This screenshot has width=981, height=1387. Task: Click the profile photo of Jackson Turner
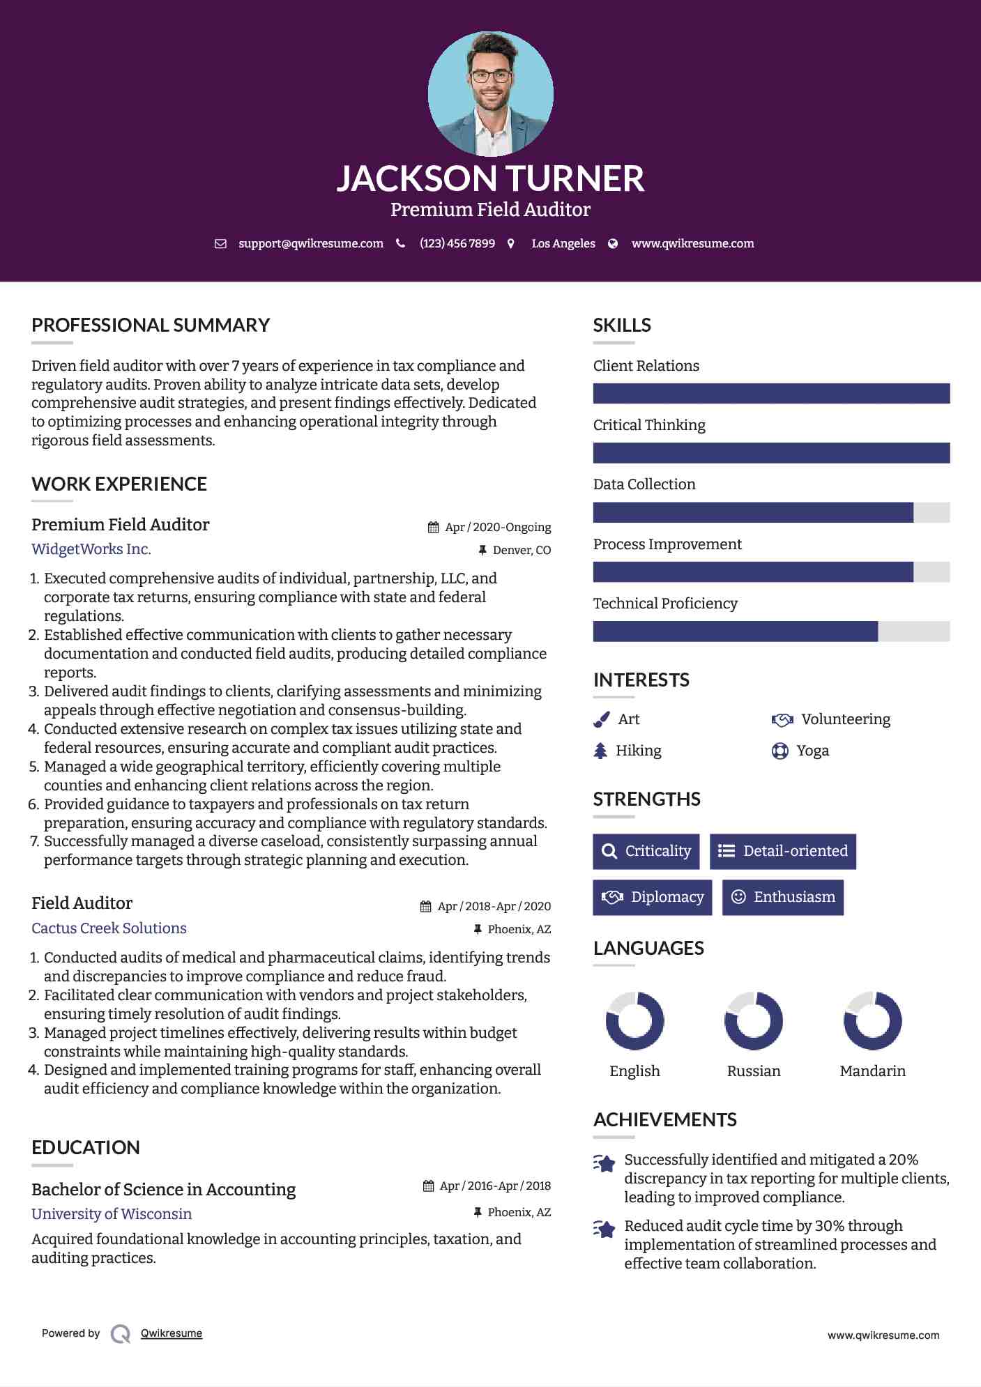point(490,93)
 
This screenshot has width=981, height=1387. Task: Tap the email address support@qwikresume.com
point(310,243)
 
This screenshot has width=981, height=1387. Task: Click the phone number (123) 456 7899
point(457,243)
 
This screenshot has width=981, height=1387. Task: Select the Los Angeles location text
point(563,243)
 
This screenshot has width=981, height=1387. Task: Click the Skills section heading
point(621,325)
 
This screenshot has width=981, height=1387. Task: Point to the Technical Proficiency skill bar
point(770,631)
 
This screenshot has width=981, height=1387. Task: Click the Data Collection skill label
point(644,484)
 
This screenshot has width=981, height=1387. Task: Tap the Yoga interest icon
point(780,751)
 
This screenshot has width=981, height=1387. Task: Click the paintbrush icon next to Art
point(601,719)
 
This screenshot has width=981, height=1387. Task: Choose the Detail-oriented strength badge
point(782,851)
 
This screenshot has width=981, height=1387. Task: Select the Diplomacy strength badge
point(652,897)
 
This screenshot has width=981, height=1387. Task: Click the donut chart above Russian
point(753,1021)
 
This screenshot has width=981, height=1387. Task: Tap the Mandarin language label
point(872,1071)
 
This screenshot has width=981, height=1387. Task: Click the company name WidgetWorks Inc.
point(91,549)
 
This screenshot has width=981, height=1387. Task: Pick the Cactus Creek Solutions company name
point(109,928)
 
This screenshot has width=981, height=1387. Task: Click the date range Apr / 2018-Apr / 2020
point(494,906)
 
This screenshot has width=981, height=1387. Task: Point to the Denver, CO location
point(522,551)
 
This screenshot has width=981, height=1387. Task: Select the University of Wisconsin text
point(112,1214)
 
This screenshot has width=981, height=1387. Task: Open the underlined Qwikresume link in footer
point(172,1333)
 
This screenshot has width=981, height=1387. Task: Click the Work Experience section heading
point(119,484)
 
